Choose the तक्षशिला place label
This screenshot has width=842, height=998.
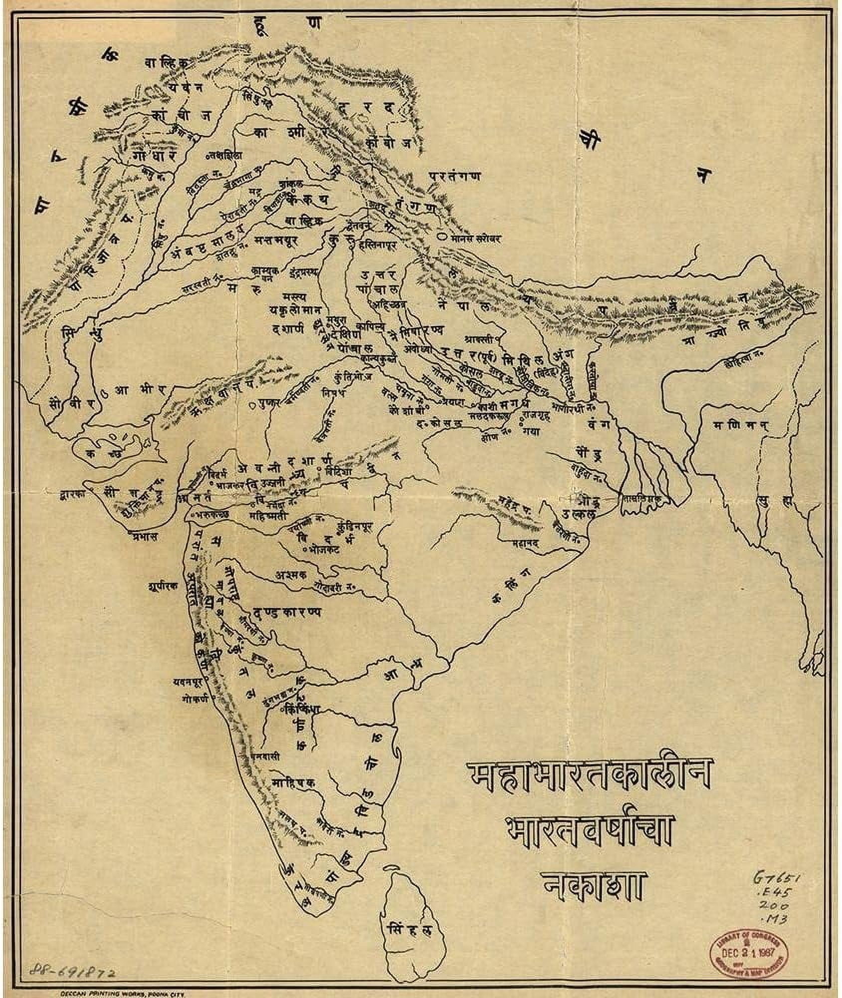[x=225, y=156]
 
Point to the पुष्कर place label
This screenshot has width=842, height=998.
[x=268, y=405]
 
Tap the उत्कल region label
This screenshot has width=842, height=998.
[x=572, y=513]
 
